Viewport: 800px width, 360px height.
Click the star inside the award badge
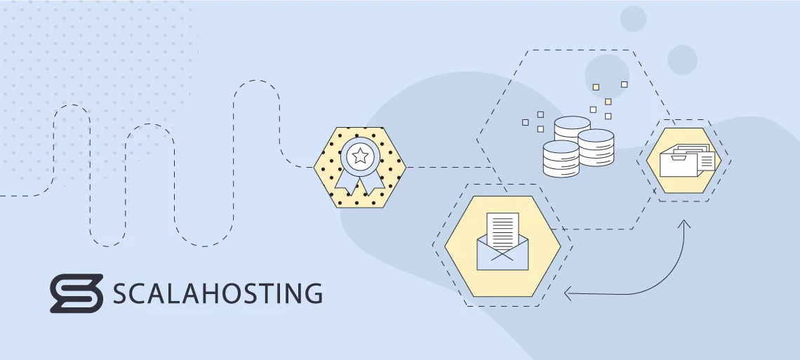pyautogui.click(x=360, y=156)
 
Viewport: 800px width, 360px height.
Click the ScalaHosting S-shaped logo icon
pyautogui.click(x=76, y=293)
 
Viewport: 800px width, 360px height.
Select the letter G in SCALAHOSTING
pyautogui.click(x=312, y=294)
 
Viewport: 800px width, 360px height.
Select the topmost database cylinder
pyautogui.click(x=572, y=128)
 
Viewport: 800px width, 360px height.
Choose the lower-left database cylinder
pyautogui.click(x=561, y=159)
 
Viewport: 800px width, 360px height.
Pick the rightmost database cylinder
pyautogui.click(x=596, y=147)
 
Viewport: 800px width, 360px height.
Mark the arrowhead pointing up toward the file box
pyautogui.click(x=684, y=224)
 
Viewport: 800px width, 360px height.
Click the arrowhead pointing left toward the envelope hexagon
pyautogui.click(x=568, y=293)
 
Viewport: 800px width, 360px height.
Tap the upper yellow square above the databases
pyautogui.click(x=596, y=87)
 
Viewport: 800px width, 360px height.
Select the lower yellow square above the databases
pyautogui.click(x=608, y=102)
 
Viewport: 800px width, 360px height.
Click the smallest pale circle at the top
pyautogui.click(x=633, y=19)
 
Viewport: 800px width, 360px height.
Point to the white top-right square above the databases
pyautogui.click(x=625, y=84)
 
